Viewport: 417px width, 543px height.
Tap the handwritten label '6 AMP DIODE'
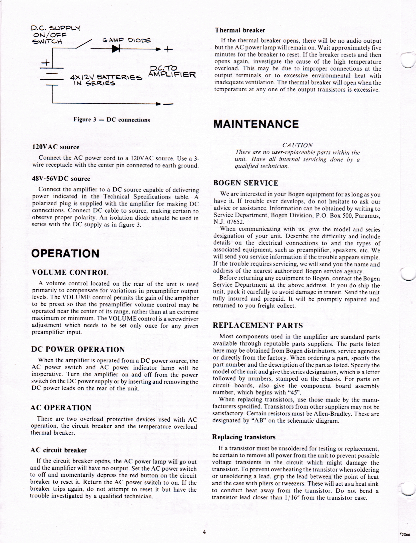[127, 40]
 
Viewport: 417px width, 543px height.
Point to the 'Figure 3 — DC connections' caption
[112, 120]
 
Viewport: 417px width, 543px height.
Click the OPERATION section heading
[65, 253]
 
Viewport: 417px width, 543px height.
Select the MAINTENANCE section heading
[256, 124]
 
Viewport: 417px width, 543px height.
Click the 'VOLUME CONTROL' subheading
[70, 272]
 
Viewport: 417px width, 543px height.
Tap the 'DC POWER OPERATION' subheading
[78, 349]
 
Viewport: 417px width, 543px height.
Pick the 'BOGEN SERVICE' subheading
[245, 183]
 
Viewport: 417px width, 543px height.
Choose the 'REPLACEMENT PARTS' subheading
[258, 325]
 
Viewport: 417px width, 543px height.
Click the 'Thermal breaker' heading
[240, 30]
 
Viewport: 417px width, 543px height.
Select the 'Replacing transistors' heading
[244, 437]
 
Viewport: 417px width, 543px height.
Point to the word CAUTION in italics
[297, 145]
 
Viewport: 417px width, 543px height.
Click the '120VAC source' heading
[56, 147]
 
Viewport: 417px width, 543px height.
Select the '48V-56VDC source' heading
[61, 179]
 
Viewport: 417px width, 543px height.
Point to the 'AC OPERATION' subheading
[61, 408]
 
